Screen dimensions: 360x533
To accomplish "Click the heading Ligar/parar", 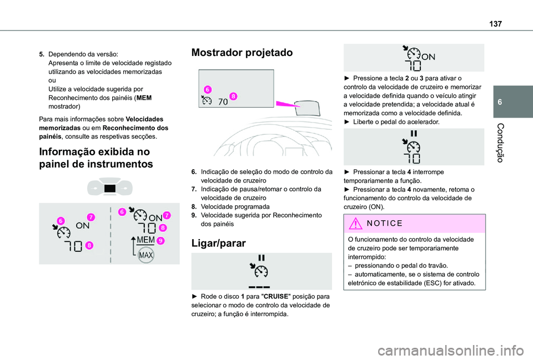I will tap(218, 242).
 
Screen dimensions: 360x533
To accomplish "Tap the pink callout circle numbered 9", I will tap(160, 240).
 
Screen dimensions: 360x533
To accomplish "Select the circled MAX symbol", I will tap(146, 255).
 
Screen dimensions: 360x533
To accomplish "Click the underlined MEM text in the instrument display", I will tap(145, 240).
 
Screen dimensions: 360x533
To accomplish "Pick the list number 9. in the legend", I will tap(194, 214).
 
